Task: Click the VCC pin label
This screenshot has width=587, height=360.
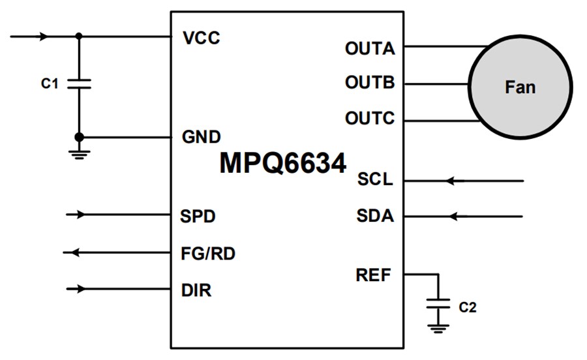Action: pos(202,38)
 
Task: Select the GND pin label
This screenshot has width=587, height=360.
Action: pos(201,138)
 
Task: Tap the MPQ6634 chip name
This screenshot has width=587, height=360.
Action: pos(282,163)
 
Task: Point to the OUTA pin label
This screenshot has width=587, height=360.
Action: pos(370,48)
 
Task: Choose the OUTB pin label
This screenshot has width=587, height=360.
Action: pos(370,83)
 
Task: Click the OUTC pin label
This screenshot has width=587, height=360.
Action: pos(370,119)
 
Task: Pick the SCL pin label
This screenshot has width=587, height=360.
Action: pos(375,180)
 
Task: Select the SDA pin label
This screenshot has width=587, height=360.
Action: pos(375,216)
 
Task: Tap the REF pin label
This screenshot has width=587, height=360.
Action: pos(374,275)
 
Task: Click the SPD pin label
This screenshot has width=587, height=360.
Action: pos(198,215)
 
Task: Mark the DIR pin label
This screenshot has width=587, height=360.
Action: pos(196,290)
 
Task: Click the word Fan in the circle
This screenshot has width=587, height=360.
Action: pos(520,87)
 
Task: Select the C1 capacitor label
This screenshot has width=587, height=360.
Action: pos(50,83)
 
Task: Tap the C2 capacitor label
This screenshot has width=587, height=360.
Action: pos(468,307)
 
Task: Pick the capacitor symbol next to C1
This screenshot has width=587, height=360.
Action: pos(80,83)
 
